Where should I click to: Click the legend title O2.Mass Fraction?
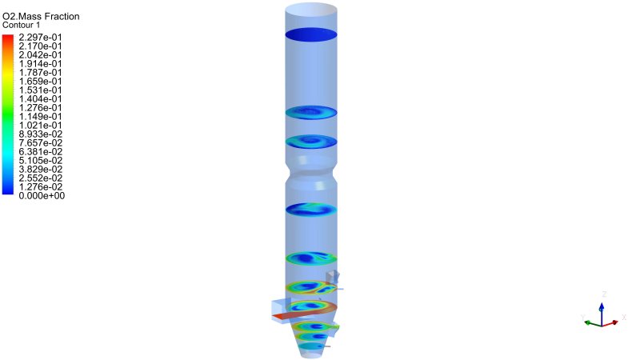tap(41, 16)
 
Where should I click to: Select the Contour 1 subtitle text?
tap(22, 25)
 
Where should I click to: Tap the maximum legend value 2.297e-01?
tap(41, 38)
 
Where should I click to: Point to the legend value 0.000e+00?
tap(42, 196)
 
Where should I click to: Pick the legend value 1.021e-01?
tap(41, 126)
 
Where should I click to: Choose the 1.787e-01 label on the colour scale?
tap(41, 73)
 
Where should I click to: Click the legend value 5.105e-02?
tap(41, 161)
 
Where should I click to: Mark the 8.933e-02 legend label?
tap(41, 134)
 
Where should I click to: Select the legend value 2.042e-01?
tap(41, 55)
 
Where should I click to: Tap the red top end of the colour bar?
tap(8, 37)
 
